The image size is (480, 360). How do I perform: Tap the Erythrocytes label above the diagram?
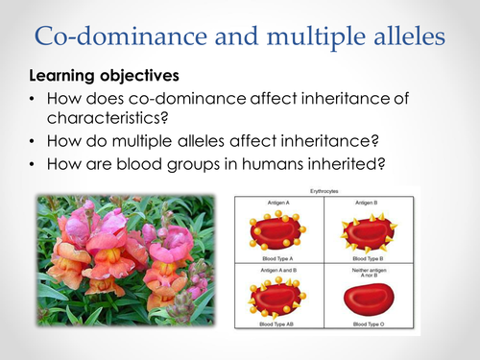326,192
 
